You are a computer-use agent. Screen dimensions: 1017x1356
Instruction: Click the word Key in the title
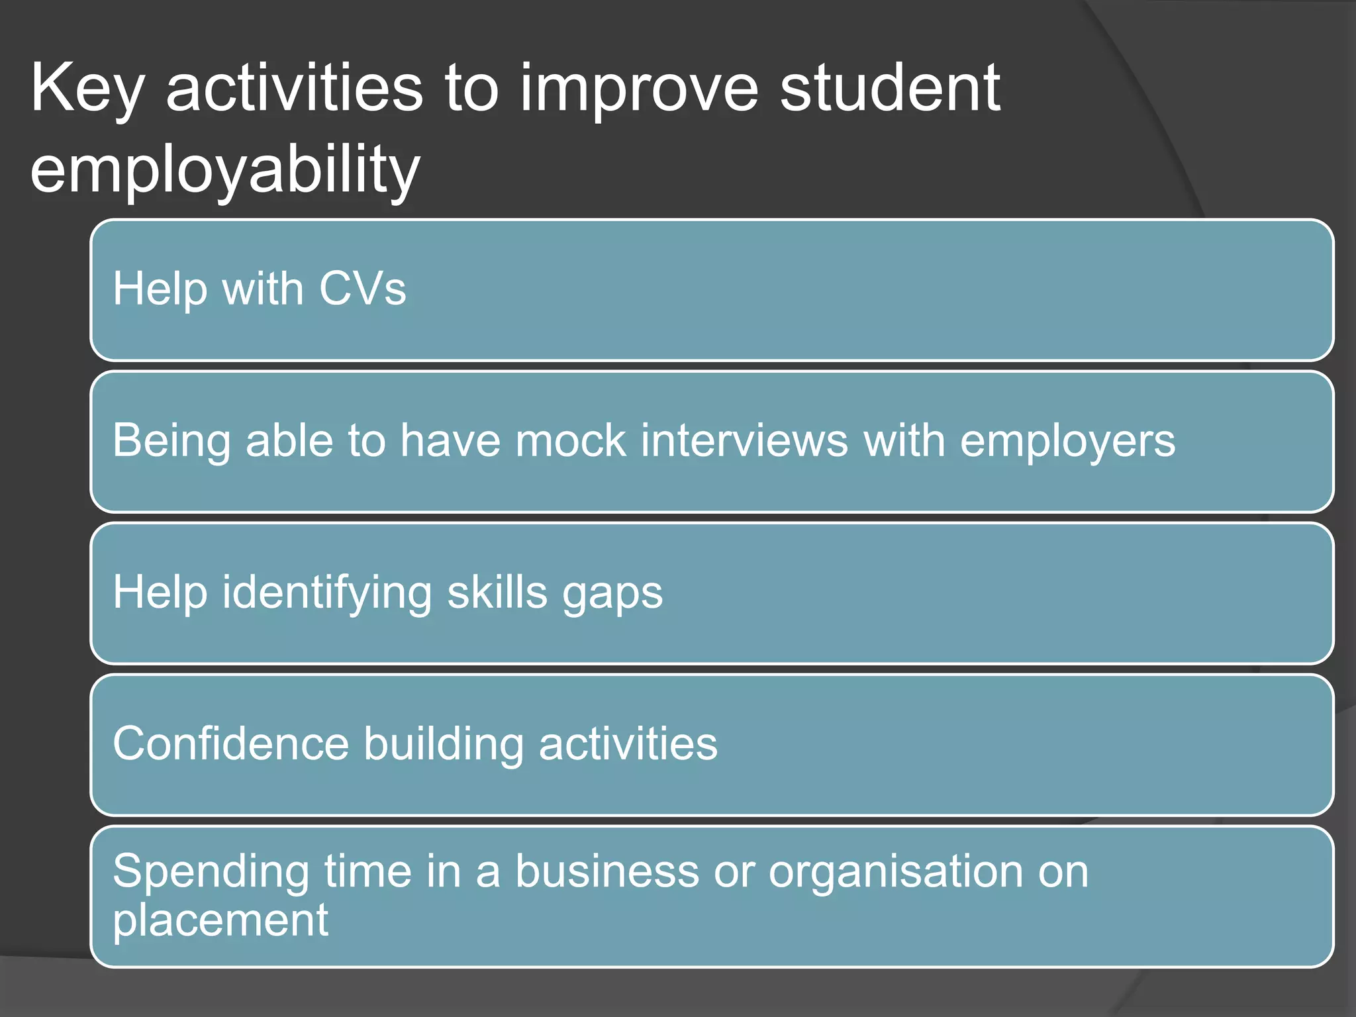tap(86, 89)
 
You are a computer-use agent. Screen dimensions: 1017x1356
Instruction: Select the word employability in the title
tap(225, 171)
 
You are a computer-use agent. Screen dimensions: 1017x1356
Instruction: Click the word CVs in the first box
tap(362, 289)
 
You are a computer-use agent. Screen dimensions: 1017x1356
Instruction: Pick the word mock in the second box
tap(570, 441)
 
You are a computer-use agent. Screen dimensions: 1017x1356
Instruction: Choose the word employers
tap(1067, 442)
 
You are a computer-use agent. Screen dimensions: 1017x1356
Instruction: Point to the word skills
tap(497, 592)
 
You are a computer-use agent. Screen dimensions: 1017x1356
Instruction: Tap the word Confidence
tap(230, 744)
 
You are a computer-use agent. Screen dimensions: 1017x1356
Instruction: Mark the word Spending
tap(211, 872)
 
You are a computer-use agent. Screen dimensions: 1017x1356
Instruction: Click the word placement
tap(220, 921)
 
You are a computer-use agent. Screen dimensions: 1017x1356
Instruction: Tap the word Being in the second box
tap(171, 442)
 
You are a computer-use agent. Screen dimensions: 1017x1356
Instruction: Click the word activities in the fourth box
tap(628, 744)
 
